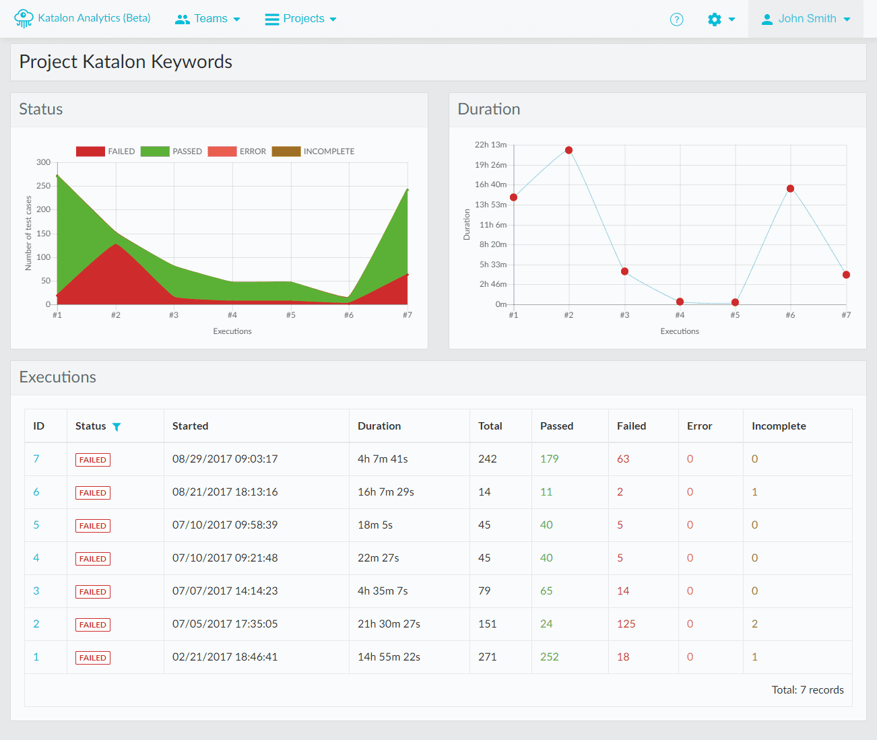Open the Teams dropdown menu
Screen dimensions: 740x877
click(x=207, y=19)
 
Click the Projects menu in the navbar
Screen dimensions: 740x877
click(x=300, y=19)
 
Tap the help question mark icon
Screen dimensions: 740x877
click(x=676, y=20)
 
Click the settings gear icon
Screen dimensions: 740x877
click(x=715, y=20)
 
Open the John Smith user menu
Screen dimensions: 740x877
click(x=806, y=19)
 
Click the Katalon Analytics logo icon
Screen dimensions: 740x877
click(x=24, y=19)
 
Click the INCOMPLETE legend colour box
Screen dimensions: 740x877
click(x=286, y=152)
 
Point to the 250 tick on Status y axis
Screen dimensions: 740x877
click(x=44, y=186)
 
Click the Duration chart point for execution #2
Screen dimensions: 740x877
click(x=569, y=150)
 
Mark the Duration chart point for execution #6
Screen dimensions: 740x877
click(x=790, y=189)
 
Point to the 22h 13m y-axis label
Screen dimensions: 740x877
click(x=490, y=145)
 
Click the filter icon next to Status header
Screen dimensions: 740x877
click(x=117, y=427)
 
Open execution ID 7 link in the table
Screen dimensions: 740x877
click(x=36, y=459)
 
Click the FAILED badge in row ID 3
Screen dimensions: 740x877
click(x=93, y=592)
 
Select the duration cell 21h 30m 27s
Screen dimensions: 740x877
click(x=389, y=624)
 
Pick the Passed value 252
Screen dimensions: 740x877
click(x=549, y=657)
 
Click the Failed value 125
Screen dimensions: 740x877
click(x=626, y=624)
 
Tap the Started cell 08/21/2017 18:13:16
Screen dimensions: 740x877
click(x=225, y=492)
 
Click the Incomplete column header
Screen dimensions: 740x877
click(x=779, y=426)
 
